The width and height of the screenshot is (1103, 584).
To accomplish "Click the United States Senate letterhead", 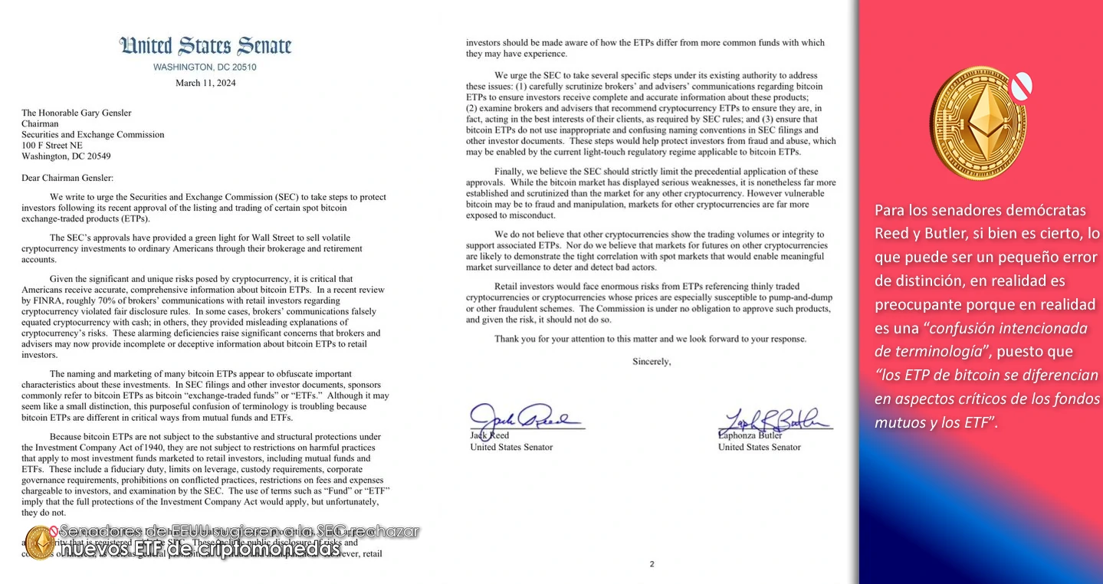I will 205,46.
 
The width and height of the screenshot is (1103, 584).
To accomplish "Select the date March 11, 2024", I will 205,83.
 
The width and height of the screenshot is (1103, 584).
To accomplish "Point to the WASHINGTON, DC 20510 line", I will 205,67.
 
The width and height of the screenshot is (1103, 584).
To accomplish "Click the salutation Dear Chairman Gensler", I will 67,178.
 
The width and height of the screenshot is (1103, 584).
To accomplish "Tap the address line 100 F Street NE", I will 52,145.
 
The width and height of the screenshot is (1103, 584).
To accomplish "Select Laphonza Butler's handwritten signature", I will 773,421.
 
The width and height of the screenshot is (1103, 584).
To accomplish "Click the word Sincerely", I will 651,361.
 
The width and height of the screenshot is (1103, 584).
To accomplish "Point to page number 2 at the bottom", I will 652,564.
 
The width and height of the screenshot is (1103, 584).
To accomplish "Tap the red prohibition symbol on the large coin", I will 1020,86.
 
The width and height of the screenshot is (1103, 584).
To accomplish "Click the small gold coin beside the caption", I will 38,542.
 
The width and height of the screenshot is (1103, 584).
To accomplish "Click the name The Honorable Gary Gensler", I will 77,113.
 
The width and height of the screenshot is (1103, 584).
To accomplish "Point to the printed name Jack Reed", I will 489,435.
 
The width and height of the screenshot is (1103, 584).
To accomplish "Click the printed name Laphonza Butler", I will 750,435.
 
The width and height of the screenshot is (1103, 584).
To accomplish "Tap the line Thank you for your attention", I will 650,339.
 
